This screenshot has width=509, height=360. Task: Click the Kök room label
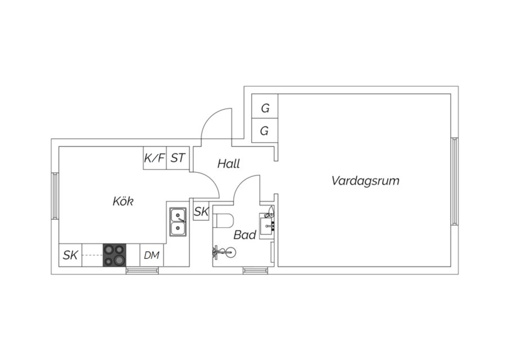123,201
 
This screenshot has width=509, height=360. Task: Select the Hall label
229,163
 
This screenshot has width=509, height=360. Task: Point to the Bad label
245,235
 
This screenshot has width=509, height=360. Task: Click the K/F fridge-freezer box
155,158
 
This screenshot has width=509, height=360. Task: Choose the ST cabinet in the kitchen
178,158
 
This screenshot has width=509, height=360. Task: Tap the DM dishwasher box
152,255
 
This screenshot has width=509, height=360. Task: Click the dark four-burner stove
114,255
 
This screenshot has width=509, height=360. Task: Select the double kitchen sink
178,222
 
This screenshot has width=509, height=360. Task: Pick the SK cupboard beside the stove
70,255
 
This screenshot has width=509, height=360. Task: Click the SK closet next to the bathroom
201,211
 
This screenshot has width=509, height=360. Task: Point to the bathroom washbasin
267,226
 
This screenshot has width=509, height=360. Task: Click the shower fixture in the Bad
224,252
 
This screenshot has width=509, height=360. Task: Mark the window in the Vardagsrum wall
454,181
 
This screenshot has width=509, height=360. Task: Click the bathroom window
255,271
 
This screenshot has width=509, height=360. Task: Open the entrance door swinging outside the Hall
216,127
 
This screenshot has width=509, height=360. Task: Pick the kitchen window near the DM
142,271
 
